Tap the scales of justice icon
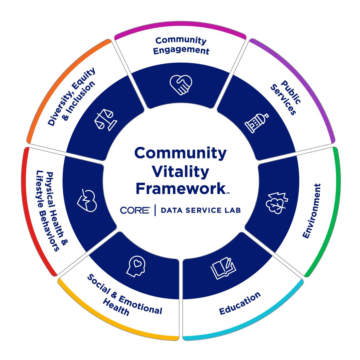[105, 119]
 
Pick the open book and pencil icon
[223, 268]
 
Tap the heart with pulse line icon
[87, 201]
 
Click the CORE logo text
[135, 210]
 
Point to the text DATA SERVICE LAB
[201, 210]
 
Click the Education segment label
[240, 303]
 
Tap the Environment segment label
[312, 211]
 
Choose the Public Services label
[285, 98]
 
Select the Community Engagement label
[181, 45]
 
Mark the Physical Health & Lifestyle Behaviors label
[52, 211]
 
